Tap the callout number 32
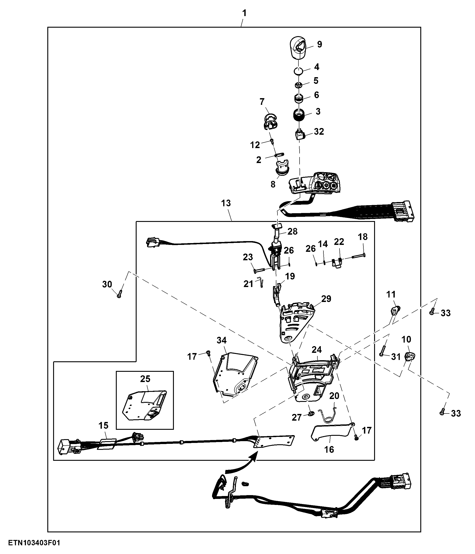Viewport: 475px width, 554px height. coord(319,132)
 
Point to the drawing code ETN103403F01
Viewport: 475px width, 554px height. coord(34,543)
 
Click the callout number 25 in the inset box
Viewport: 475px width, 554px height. coord(145,379)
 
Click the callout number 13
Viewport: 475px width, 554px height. coord(226,203)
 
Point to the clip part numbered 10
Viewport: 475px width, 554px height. coord(410,356)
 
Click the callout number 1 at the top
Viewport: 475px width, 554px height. coord(244,13)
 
